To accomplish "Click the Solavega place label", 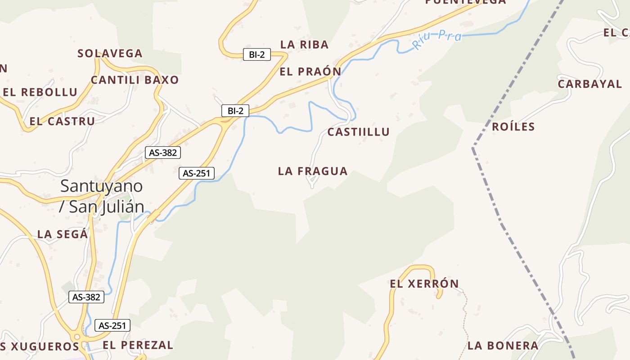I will pos(110,54).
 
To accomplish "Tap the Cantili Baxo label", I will pos(135,80).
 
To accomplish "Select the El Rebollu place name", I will pos(40,92).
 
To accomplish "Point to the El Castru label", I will pos(62,121).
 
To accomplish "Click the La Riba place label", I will pos(304,45).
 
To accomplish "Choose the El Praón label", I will pos(310,72).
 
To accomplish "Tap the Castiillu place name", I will pos(358,132).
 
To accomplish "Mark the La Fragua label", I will pos(313,171).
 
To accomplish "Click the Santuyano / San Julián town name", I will pos(102,196).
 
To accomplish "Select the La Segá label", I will pos(62,234).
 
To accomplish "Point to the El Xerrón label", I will pos(424,284).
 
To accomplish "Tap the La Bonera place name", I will pos(503,346).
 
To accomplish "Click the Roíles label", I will pos(513,126).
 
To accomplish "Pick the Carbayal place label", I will pos(589,84).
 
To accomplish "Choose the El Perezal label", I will pos(138,345).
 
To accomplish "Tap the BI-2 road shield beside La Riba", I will pos(256,55).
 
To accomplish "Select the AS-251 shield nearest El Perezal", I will pos(112,325).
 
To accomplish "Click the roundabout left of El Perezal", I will pos(77,337).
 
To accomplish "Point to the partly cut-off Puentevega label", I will pos(465,2).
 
